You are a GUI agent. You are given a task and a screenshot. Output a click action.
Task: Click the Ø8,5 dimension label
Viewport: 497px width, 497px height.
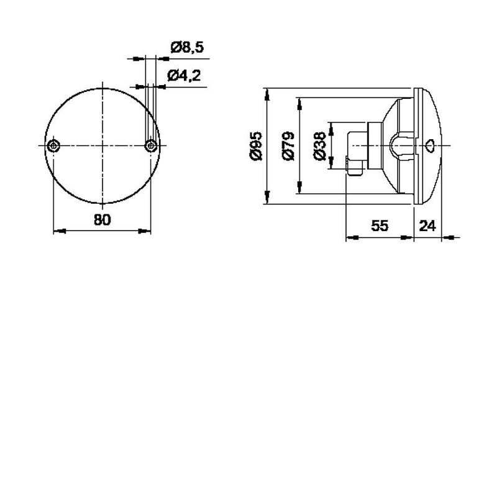[x=187, y=48]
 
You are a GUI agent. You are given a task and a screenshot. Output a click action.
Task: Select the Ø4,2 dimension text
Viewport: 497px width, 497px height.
[x=184, y=76]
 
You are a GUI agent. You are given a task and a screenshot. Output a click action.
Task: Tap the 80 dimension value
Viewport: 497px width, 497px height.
[x=103, y=220]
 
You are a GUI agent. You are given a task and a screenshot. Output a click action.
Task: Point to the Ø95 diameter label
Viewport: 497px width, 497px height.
[x=256, y=146]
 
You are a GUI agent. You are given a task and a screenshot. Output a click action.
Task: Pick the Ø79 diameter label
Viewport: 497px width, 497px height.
[x=288, y=146]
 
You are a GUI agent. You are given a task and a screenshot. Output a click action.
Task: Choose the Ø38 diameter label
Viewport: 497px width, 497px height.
[x=319, y=146]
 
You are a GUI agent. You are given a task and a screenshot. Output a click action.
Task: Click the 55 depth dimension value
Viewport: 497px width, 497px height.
[x=380, y=226]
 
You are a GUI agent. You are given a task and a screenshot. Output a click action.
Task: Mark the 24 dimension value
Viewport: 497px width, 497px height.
[x=427, y=226]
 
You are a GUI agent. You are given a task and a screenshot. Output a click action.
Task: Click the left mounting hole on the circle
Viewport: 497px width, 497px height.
[x=53, y=146]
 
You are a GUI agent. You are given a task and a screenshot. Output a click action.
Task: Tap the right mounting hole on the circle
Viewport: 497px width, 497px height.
[x=151, y=146]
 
